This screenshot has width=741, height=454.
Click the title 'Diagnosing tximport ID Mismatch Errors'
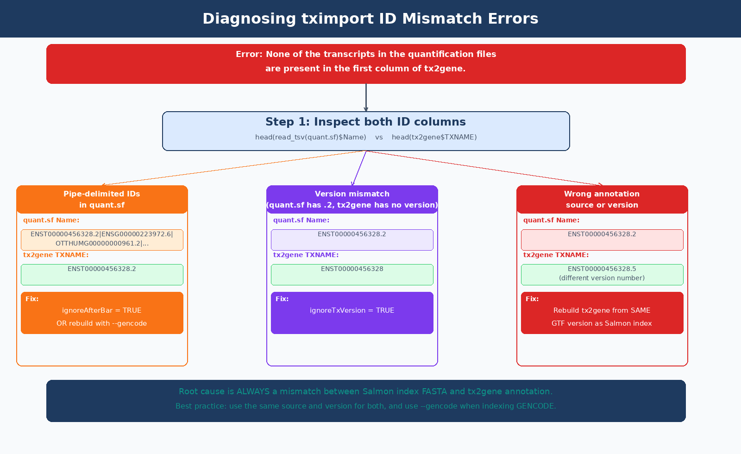click(x=370, y=19)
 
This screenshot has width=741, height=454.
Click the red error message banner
click(x=366, y=63)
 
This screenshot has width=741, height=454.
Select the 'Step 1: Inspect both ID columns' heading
click(x=365, y=122)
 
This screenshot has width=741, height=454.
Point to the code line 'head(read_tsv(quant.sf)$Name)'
click(x=311, y=137)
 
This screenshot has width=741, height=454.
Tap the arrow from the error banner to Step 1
click(x=366, y=98)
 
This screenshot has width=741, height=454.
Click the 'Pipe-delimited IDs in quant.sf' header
click(x=102, y=199)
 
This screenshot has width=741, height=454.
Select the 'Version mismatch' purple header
click(x=352, y=199)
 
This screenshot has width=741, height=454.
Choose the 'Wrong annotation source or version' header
click(x=602, y=199)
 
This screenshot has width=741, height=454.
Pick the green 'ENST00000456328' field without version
click(x=352, y=274)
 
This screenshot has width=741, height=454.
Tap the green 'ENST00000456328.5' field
click(x=602, y=274)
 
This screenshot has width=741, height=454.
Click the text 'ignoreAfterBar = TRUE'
click(x=102, y=310)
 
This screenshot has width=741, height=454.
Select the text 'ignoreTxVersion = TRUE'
click(x=352, y=310)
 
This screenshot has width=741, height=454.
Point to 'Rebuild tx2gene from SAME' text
click(x=602, y=310)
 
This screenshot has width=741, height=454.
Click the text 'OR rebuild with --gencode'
click(x=102, y=323)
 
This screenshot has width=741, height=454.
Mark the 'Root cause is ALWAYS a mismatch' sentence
click(x=366, y=391)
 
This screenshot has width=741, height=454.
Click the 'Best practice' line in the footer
click(x=366, y=406)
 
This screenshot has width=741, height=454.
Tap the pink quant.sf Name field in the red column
click(x=602, y=240)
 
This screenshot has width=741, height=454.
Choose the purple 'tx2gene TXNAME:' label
click(x=306, y=255)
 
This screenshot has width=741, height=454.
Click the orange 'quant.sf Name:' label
click(x=51, y=220)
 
